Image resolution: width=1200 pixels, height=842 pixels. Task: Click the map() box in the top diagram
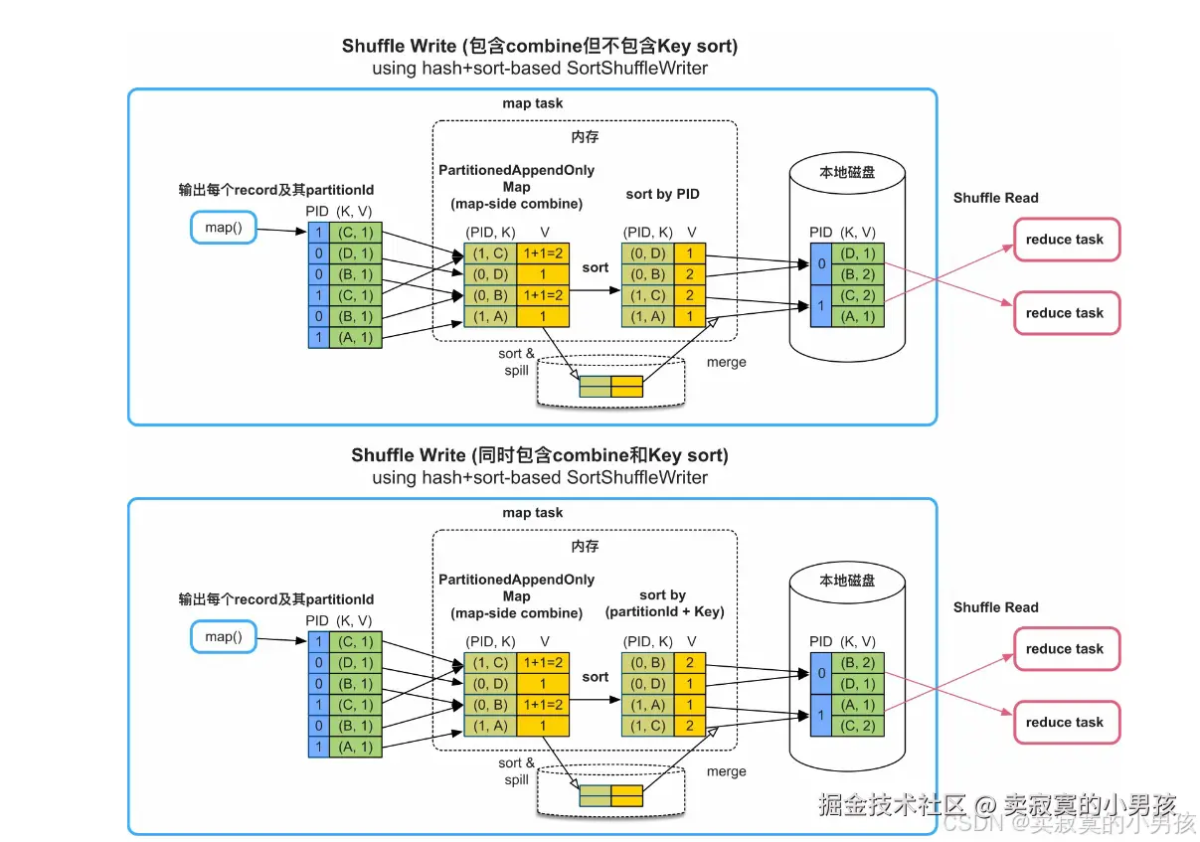(x=223, y=229)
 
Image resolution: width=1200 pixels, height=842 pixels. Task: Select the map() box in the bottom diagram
(x=223, y=636)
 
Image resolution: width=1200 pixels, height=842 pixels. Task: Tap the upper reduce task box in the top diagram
(x=1065, y=240)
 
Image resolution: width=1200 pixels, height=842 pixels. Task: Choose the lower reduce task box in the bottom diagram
(x=1065, y=723)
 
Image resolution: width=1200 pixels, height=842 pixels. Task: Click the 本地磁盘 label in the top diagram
(x=848, y=172)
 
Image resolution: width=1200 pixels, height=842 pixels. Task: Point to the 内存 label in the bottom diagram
(x=585, y=547)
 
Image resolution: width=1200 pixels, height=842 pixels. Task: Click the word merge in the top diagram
(x=726, y=362)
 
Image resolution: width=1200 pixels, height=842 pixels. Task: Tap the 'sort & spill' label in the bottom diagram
(x=517, y=771)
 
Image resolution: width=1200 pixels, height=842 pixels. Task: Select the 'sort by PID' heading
(x=663, y=195)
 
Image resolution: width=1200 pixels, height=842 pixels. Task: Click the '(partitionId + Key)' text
(x=664, y=611)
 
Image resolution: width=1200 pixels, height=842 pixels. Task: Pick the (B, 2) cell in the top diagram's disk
(x=857, y=274)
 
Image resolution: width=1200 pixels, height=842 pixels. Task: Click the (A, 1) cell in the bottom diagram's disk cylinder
(x=857, y=705)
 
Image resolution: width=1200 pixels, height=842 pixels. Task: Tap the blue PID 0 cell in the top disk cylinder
(x=820, y=263)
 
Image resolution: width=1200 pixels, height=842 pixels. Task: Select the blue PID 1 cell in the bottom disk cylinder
(x=820, y=715)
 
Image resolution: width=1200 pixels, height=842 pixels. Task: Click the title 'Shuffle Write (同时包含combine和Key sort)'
(x=540, y=455)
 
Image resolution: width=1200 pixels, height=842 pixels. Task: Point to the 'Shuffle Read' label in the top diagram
(x=995, y=198)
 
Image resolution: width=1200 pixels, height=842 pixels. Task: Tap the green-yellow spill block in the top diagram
(x=611, y=387)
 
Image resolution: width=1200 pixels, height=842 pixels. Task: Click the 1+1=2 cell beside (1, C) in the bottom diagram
(x=543, y=663)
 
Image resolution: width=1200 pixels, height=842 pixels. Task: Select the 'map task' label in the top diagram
(x=533, y=103)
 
